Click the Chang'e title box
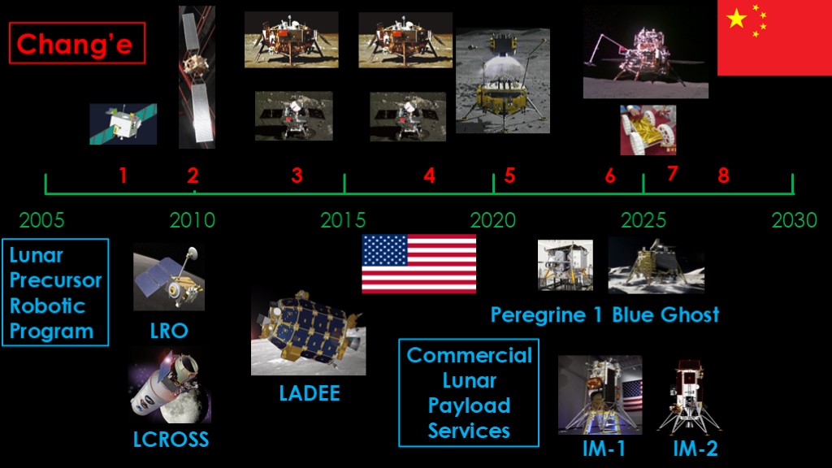point(77,43)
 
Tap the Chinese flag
point(774,37)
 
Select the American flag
point(418,264)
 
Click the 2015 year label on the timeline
point(343,220)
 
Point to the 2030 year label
point(794,220)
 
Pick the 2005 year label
point(42,220)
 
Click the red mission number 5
point(509,175)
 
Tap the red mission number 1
point(123,175)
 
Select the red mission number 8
point(723,175)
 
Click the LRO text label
point(169,331)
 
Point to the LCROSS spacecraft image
point(170,386)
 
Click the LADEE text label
point(310,393)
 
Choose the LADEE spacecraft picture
point(308,332)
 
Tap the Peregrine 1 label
point(547,315)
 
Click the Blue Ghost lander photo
point(656,266)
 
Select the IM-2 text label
point(695,448)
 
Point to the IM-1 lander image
point(600,396)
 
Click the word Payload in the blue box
point(469,406)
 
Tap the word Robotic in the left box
point(48,306)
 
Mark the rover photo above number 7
point(648,130)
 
